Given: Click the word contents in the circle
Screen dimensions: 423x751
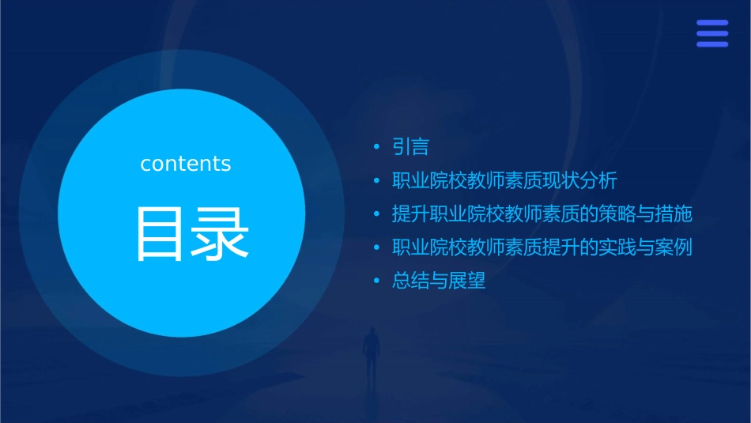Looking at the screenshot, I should click(186, 164).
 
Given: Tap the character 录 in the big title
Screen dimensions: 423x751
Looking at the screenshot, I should click(221, 234).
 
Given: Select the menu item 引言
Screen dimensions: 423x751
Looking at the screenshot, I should click(411, 147).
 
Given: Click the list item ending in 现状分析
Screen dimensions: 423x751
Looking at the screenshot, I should click(504, 180).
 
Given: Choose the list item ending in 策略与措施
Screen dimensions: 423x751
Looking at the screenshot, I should click(542, 214).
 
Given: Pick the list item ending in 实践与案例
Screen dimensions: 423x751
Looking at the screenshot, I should click(542, 247).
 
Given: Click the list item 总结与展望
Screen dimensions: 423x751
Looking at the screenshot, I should click(439, 281).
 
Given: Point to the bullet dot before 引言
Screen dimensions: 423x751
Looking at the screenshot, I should click(378, 147).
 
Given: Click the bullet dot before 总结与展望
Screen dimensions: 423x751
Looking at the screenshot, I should click(378, 281).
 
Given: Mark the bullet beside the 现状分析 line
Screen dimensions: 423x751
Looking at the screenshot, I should click(378, 181).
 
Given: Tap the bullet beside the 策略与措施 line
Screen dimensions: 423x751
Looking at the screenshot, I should click(378, 214).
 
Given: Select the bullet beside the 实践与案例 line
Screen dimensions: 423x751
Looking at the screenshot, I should click(378, 247).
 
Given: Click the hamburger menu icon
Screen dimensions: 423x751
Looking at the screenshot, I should click(712, 33).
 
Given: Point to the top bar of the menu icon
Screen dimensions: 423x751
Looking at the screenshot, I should click(712, 23).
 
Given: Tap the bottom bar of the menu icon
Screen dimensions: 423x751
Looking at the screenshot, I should click(712, 44).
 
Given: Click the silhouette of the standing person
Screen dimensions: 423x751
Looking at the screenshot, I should click(371, 350).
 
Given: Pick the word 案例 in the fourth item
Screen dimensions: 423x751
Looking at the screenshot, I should click(674, 247).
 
